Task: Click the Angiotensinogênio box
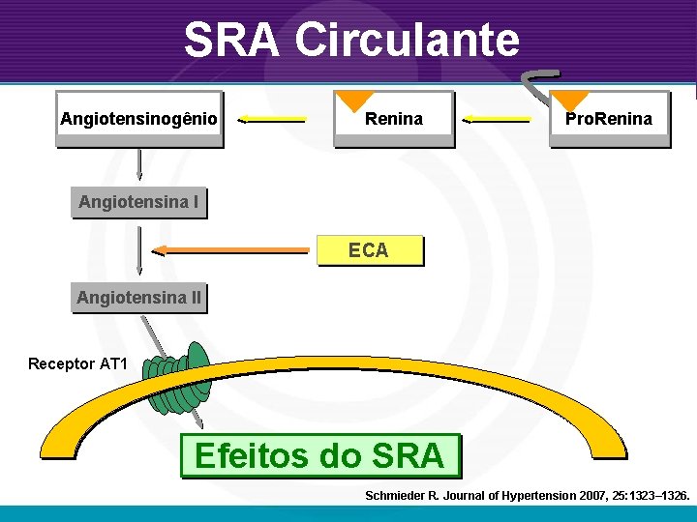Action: pos(138,119)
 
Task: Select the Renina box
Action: pos(393,119)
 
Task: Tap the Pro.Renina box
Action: pos(609,119)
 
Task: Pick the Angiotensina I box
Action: pos(138,202)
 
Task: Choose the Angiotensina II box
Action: pos(138,298)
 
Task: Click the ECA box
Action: pos(369,250)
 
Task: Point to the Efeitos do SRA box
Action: pos(319,455)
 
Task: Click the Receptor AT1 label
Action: pos(77,364)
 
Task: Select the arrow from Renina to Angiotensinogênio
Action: pos(272,120)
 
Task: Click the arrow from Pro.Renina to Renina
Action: pos(497,120)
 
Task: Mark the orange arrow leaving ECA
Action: pos(232,250)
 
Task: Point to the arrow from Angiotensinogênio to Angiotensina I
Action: pos(139,163)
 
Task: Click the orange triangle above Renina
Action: pos(354,100)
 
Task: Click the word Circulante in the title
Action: pos(408,41)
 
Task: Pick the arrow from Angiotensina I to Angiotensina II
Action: pos(139,250)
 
